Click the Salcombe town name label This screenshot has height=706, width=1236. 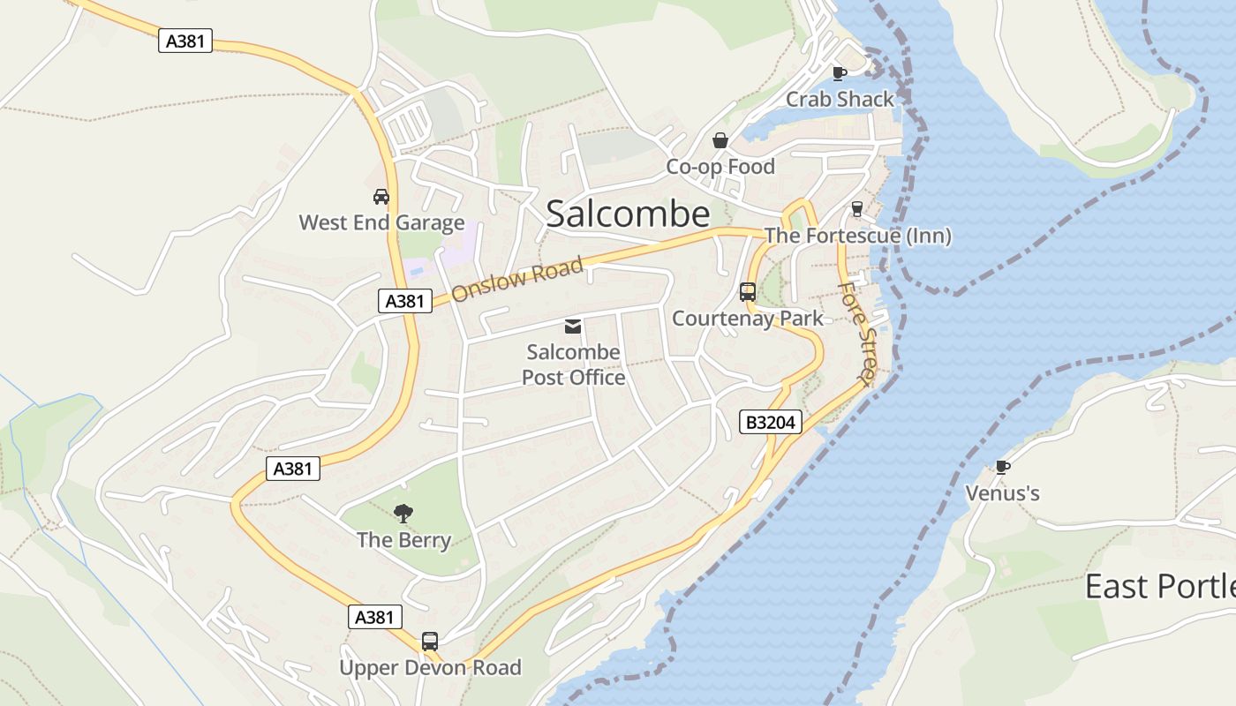pos(628,214)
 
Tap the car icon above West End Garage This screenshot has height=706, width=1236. pos(381,196)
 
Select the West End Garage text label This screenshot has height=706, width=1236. pos(381,222)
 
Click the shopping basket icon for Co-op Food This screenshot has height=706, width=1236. pos(720,140)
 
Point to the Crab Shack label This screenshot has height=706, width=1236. pos(840,99)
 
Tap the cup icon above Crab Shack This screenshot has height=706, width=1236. pos(839,73)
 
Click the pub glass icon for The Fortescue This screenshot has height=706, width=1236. pos(856,209)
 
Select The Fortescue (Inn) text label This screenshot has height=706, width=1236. pos(857,236)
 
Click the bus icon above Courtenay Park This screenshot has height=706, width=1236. pos(748,292)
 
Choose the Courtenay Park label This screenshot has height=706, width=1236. pos(748,319)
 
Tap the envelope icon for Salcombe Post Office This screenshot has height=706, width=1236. pos(573,327)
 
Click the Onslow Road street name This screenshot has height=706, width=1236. pos(517,279)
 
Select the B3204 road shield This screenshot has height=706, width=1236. pos(771,423)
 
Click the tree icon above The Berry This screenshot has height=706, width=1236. pos(403,513)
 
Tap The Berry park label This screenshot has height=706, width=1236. pos(403,540)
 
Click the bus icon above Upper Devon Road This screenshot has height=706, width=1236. pos(430,642)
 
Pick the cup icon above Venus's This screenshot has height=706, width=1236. pos(1002,467)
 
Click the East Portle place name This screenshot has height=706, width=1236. pos(1159,587)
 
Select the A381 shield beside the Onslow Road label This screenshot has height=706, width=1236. pos(405,301)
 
